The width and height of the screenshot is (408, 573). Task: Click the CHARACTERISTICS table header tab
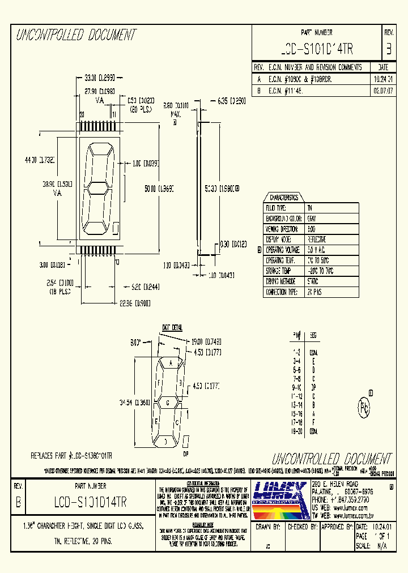tap(284, 198)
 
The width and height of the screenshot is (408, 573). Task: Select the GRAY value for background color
tap(312, 219)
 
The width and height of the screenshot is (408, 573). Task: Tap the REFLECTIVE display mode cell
tap(317, 240)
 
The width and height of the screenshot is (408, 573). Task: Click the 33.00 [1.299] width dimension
tap(100, 78)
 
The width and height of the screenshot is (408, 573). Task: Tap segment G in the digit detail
tap(167, 403)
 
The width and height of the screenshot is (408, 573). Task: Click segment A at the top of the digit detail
tap(169, 362)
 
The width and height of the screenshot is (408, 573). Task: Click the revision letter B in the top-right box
tap(388, 49)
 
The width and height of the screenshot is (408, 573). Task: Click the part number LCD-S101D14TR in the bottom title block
tap(91, 502)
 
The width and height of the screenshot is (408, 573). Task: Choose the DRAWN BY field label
tap(268, 527)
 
